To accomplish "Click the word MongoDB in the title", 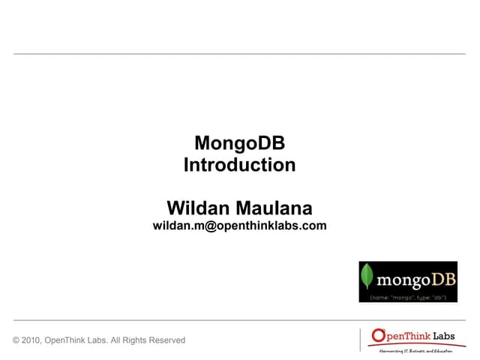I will (239, 142).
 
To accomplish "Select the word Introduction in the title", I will (239, 165).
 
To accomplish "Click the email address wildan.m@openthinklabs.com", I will (239, 225).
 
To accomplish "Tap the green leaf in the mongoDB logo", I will (367, 278).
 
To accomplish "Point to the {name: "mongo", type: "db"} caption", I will (409, 297).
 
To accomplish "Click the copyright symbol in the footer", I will (16, 340).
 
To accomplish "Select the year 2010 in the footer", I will (32, 340).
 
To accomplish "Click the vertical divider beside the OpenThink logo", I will (360, 339).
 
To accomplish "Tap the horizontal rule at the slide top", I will (239, 54).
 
